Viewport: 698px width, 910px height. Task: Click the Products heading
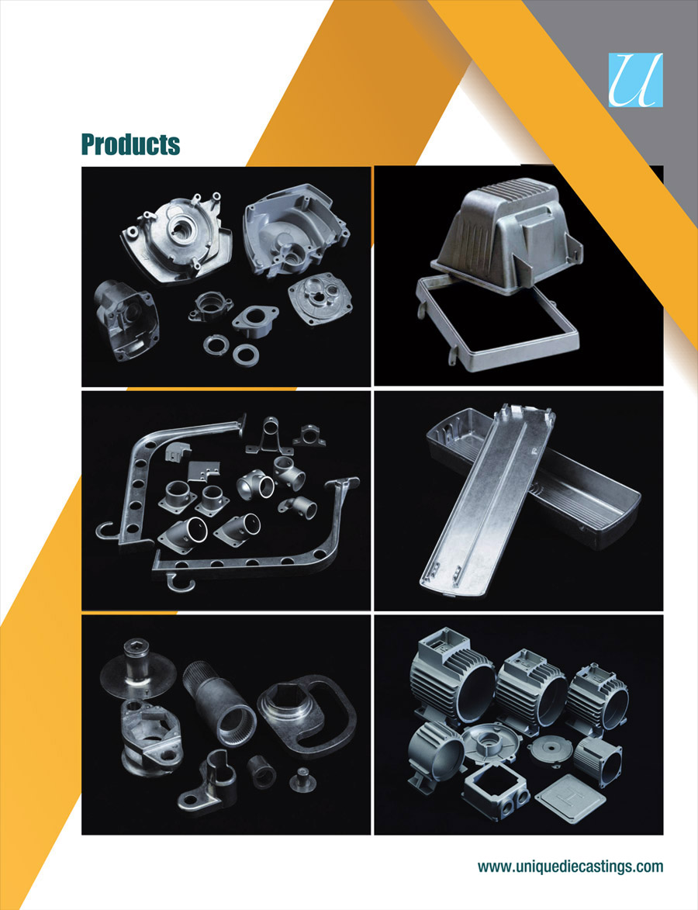130,144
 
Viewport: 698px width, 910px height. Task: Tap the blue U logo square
635,80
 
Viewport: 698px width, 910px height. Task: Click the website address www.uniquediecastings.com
570,867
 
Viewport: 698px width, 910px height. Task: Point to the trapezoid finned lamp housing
502,238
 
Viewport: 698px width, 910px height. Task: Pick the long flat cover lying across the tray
487,499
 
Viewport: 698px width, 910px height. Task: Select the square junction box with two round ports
496,792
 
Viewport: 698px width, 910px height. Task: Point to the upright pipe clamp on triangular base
268,435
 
